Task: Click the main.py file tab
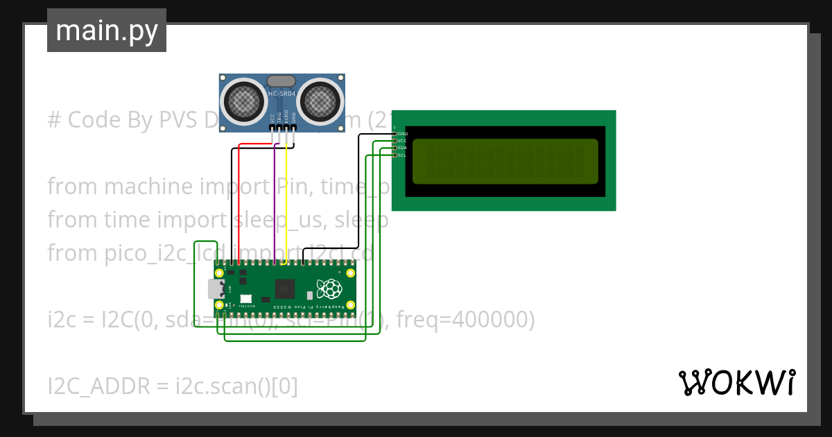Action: (106, 31)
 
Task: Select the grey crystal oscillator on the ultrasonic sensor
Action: (281, 82)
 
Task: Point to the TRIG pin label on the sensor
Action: (279, 117)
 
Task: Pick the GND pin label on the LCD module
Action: (403, 133)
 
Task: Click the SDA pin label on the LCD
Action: (402, 148)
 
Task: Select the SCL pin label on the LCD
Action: (402, 155)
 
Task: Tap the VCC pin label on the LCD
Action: (402, 141)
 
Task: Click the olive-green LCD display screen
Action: (505, 161)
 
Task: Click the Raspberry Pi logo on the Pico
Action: (329, 289)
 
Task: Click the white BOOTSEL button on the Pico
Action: (245, 299)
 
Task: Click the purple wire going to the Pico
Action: (275, 208)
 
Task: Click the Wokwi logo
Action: (736, 382)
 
